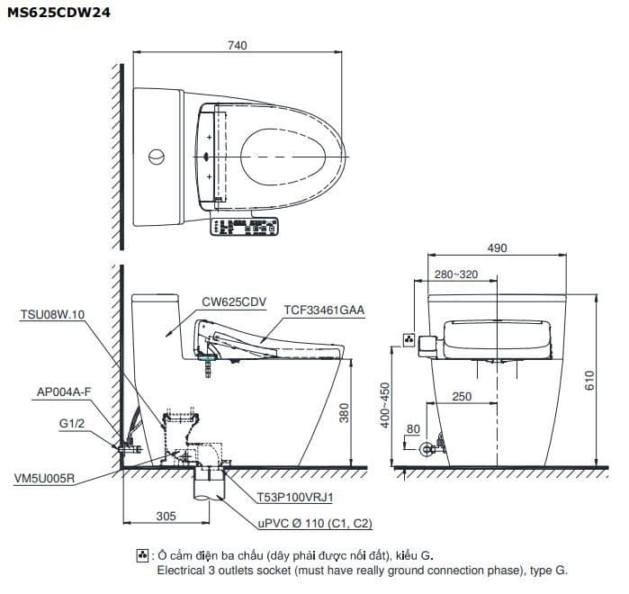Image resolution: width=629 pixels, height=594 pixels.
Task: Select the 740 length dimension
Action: point(237,45)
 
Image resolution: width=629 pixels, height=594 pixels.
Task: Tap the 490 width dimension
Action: point(497,248)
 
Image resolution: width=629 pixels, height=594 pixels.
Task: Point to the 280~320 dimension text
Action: point(456,274)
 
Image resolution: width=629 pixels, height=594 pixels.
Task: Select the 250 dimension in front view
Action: point(462,397)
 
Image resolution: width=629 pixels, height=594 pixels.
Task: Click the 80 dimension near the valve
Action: point(413,429)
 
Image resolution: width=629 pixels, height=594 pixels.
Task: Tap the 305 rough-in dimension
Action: point(166,517)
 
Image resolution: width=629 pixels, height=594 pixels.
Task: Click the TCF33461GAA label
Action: point(325,309)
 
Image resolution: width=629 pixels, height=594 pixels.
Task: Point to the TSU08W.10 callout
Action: point(51,314)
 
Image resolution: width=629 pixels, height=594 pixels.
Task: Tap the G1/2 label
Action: point(71,423)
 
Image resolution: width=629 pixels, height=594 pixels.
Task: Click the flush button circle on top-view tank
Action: point(157,156)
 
